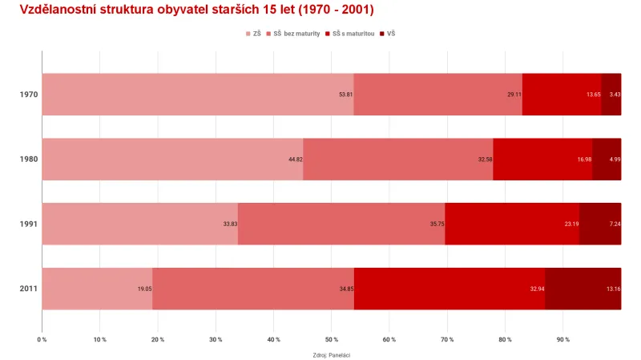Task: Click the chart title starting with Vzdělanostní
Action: coord(196,10)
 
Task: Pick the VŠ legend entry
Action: coord(391,34)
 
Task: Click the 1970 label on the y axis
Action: coord(29,95)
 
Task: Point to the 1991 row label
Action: coord(29,224)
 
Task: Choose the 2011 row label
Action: coord(29,289)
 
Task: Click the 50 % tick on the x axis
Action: coord(331,339)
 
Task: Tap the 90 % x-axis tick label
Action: coord(562,339)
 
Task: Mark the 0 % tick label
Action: coord(42,339)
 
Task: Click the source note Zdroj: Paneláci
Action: coord(332,354)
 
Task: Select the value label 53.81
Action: coord(345,95)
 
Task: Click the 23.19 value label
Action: coord(570,224)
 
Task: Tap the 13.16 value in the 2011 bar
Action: coord(613,289)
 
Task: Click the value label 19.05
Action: coord(143,289)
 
